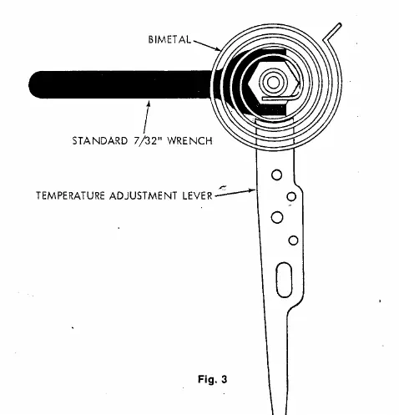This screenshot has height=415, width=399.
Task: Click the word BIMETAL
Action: click(169, 39)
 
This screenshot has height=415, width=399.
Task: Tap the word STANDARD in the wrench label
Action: click(100, 140)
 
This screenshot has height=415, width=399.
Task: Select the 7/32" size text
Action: click(148, 140)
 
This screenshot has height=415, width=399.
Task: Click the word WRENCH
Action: click(190, 140)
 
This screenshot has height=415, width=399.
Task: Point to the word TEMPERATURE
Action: click(70, 195)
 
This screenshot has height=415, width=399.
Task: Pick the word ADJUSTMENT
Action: click(143, 195)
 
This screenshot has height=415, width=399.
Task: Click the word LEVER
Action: click(197, 195)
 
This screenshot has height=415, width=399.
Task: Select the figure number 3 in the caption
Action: click(225, 379)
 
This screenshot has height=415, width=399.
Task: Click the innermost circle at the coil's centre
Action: click(273, 82)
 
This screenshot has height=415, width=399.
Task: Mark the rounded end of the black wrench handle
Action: click(35, 84)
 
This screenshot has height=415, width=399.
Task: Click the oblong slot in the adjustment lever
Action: click(284, 280)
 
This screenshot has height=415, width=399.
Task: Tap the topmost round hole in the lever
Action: click(276, 175)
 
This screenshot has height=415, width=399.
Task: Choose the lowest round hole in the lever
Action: click(293, 240)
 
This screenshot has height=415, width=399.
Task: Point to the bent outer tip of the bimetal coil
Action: click(340, 25)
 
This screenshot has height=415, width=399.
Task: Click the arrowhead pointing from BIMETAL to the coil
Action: click(218, 49)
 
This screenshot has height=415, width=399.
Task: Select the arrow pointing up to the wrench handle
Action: click(146, 117)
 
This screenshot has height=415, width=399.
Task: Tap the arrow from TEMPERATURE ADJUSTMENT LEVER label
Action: click(235, 193)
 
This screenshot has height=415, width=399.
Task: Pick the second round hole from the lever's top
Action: click(291, 196)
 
